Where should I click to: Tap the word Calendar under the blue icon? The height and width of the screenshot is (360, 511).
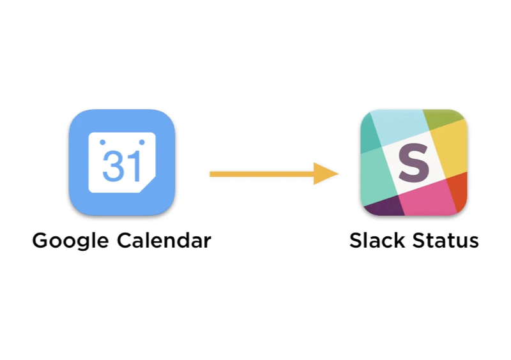[164, 241]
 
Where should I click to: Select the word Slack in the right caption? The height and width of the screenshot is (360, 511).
[374, 241]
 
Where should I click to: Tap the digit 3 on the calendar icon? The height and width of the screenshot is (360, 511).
[112, 165]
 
